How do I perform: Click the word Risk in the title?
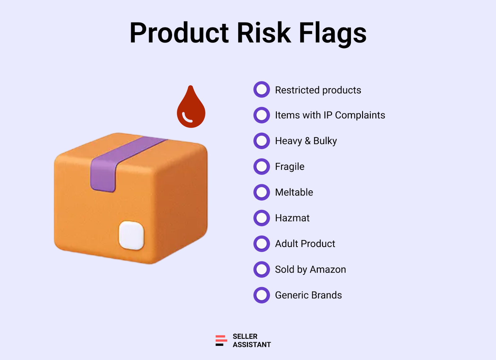(x=264, y=33)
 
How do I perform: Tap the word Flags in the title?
(x=333, y=34)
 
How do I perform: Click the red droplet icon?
(x=191, y=107)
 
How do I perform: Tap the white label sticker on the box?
(x=131, y=235)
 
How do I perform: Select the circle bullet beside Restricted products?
(x=262, y=90)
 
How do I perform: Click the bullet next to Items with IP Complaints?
(x=262, y=115)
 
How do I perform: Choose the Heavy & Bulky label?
(x=306, y=141)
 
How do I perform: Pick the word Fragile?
(x=290, y=167)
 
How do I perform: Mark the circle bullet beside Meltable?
(x=262, y=192)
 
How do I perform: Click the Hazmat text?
(x=292, y=218)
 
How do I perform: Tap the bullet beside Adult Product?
(x=262, y=244)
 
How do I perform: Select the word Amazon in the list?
(x=328, y=270)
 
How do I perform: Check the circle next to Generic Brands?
(x=262, y=295)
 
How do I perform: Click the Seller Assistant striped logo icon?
(x=221, y=340)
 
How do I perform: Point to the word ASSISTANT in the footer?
(x=252, y=345)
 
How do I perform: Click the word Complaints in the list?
(x=360, y=115)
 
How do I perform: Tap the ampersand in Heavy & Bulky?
(x=308, y=141)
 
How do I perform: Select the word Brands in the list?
(x=327, y=295)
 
